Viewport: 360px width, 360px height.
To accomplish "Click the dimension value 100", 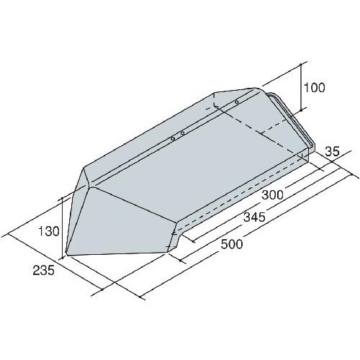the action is click(314, 88).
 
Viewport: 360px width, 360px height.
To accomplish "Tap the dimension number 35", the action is click(332, 152).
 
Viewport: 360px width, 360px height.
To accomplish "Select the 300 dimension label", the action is click(272, 194).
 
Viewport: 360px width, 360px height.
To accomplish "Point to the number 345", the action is click(254, 217).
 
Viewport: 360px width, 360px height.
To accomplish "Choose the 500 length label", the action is click(232, 244).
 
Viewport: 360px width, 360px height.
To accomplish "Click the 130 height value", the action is click(49, 232).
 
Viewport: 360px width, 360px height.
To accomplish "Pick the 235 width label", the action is click(44, 271).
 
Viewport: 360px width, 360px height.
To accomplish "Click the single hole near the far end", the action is click(237, 102).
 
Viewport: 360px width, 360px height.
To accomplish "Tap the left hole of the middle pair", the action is click(172, 139).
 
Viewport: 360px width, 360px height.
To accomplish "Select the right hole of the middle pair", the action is click(182, 133).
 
